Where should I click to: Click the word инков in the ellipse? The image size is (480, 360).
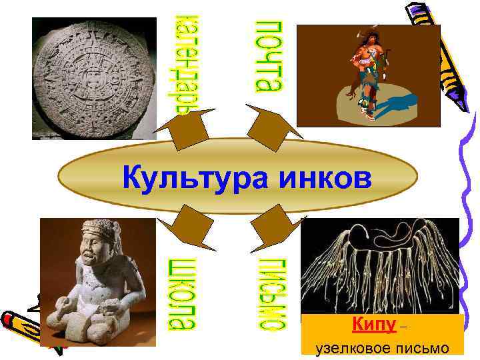pyautogui.click(x=315, y=178)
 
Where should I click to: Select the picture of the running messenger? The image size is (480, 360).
pyautogui.click(x=368, y=75)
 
